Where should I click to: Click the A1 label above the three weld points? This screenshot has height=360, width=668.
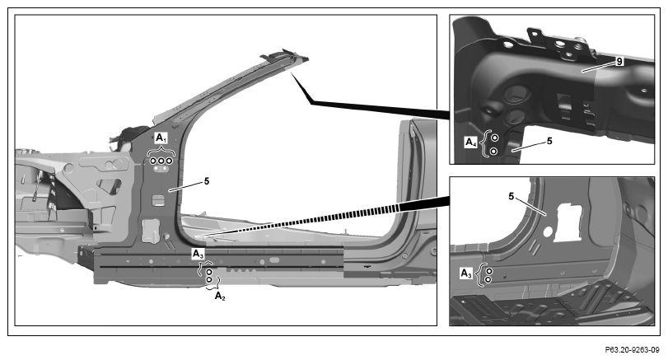pyautogui.click(x=161, y=138)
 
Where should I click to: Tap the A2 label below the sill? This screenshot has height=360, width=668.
pyautogui.click(x=220, y=296)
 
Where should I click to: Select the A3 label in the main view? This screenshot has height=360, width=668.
pyautogui.click(x=199, y=254)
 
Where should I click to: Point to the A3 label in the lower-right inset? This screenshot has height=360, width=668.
pyautogui.click(x=466, y=274)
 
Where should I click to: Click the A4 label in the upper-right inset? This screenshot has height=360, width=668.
pyautogui.click(x=471, y=143)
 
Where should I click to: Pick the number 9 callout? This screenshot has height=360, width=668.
pyautogui.click(x=619, y=62)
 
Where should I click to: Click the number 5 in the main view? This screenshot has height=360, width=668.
pyautogui.click(x=207, y=181)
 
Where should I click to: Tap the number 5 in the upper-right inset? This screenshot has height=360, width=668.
pyautogui.click(x=549, y=141)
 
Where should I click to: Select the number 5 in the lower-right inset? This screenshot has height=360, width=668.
pyautogui.click(x=512, y=196)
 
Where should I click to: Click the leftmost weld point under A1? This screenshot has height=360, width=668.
pyautogui.click(x=153, y=161)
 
